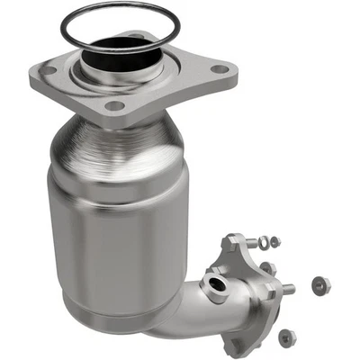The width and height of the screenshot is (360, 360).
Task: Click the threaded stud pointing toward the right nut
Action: point(286,288)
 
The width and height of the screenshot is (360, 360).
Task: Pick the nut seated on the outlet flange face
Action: point(267,268)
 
